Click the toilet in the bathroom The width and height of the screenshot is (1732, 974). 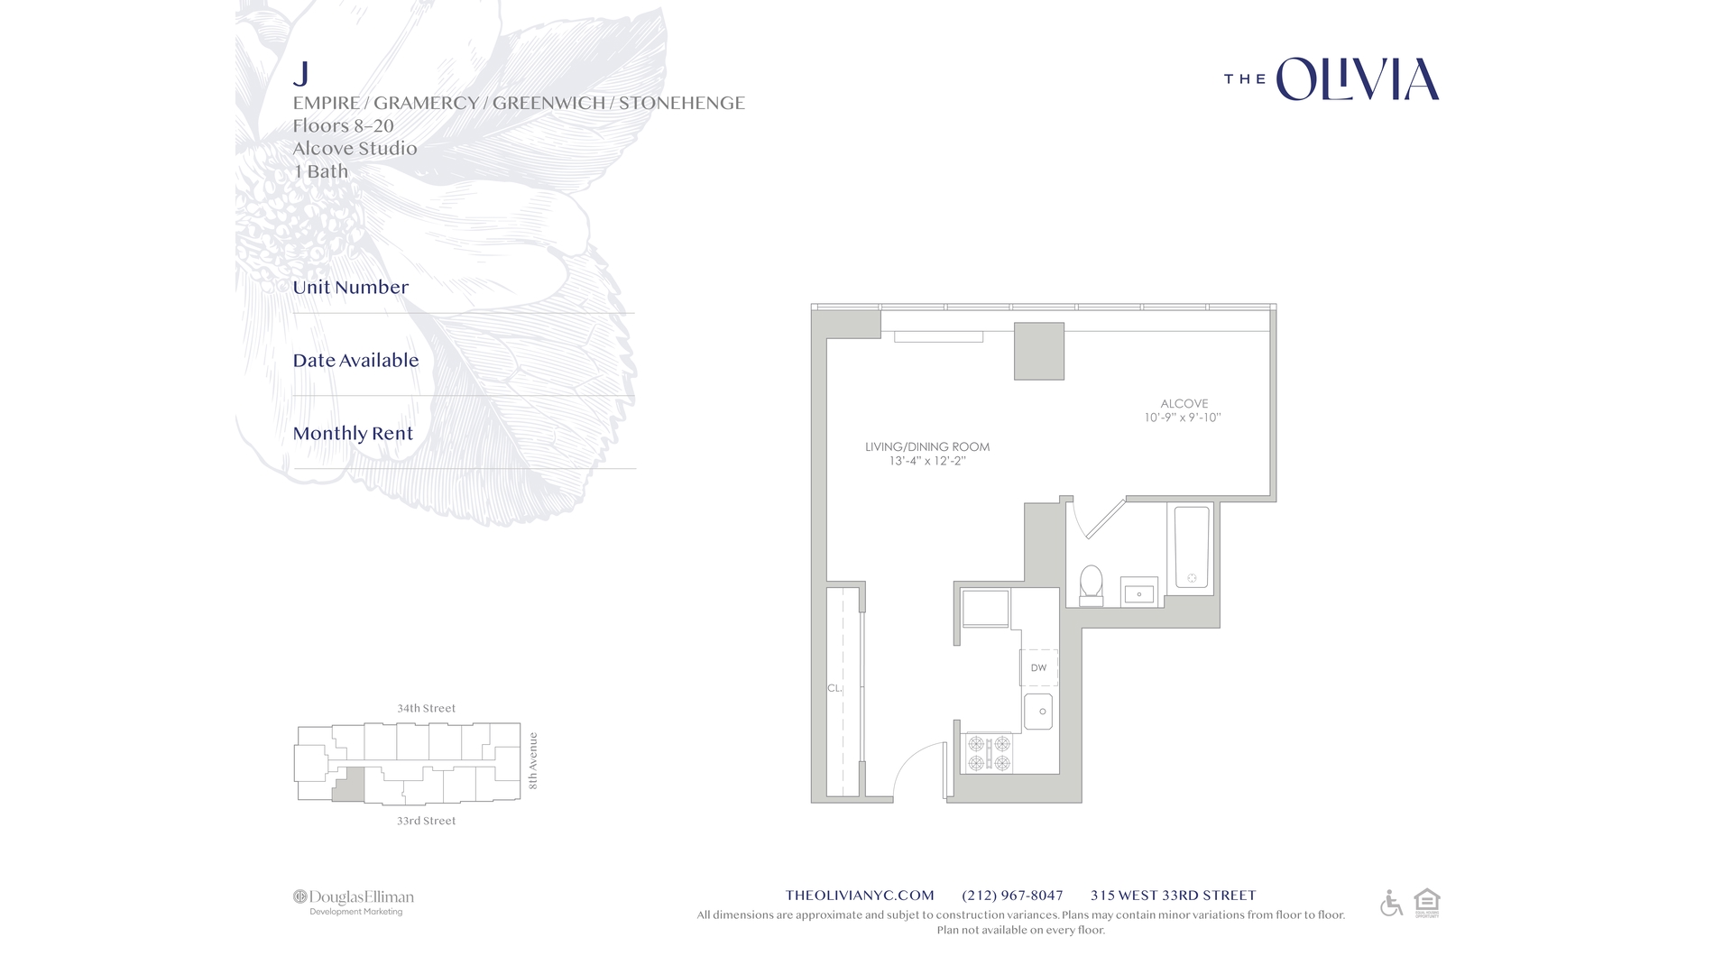(1092, 584)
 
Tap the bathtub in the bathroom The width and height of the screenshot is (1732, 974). (1191, 548)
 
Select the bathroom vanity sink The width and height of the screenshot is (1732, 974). (1138, 593)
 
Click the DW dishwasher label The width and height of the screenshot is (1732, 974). (1038, 668)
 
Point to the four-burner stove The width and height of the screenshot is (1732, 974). (989, 754)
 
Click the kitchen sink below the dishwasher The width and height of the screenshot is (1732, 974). (1038, 712)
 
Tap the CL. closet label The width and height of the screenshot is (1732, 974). (834, 688)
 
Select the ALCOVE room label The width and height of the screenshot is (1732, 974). (1184, 403)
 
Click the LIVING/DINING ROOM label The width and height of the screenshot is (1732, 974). (926, 446)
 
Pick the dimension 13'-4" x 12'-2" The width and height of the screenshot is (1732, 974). (926, 461)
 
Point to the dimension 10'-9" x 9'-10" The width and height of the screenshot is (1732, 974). (1182, 418)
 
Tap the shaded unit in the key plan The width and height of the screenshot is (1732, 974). (349, 785)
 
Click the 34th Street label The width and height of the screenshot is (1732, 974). (426, 708)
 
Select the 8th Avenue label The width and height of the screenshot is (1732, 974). (533, 760)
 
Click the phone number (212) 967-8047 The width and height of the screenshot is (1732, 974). (1012, 896)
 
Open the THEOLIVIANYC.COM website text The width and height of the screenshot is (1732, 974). (859, 896)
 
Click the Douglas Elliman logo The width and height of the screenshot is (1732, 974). (354, 901)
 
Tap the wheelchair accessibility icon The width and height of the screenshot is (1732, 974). (1391, 903)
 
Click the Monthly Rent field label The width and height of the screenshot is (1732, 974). (353, 434)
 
